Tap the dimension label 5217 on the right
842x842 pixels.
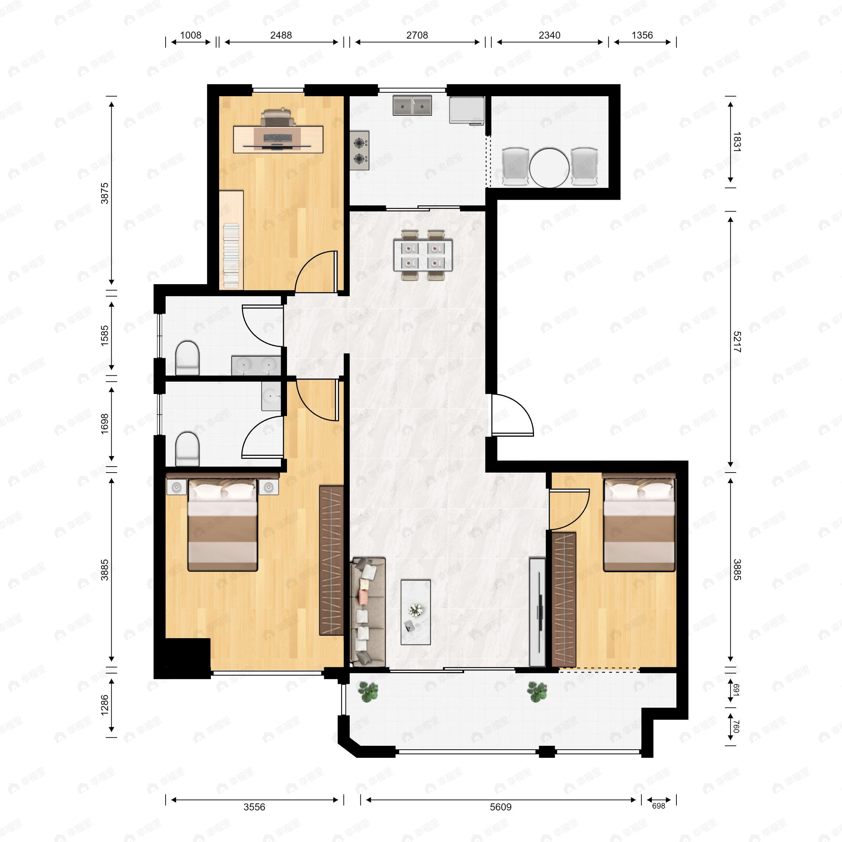click(x=736, y=342)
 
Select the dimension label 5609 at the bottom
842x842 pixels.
click(x=500, y=807)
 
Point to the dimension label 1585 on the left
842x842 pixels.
click(x=105, y=336)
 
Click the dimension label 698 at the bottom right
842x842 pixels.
click(x=659, y=806)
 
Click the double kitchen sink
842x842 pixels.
click(x=412, y=106)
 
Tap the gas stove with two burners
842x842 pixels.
click(x=360, y=151)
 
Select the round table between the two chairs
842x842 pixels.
click(x=549, y=168)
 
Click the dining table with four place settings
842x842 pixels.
click(x=423, y=255)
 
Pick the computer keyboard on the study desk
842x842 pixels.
click(x=278, y=138)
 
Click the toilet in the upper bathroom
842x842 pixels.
click(x=187, y=357)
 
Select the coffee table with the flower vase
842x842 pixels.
click(x=415, y=612)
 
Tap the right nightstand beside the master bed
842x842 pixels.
click(x=268, y=487)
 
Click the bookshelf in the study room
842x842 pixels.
click(x=231, y=255)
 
